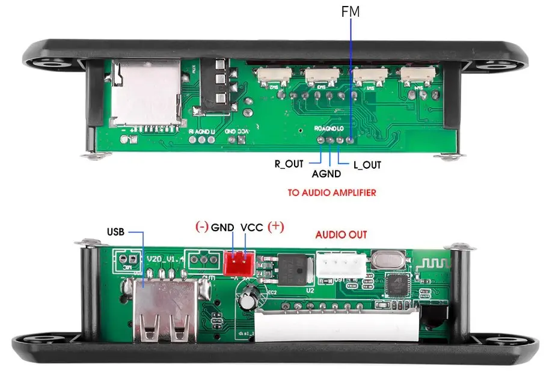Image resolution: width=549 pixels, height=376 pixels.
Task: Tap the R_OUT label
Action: click(x=289, y=164)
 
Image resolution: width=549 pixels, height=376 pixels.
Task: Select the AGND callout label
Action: click(x=327, y=174)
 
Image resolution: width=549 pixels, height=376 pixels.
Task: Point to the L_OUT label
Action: click(x=367, y=164)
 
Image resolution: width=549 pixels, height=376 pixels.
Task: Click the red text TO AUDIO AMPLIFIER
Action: click(x=332, y=193)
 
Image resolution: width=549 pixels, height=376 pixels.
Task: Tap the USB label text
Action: click(x=117, y=232)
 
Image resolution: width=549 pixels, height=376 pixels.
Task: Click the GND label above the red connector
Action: click(x=222, y=228)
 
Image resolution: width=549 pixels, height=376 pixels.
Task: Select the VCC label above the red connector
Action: click(x=252, y=228)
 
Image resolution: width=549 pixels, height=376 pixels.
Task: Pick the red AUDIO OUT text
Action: click(x=341, y=235)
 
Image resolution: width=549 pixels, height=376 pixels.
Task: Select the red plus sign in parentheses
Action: click(x=275, y=227)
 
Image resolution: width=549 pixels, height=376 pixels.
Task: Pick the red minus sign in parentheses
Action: click(x=201, y=228)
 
